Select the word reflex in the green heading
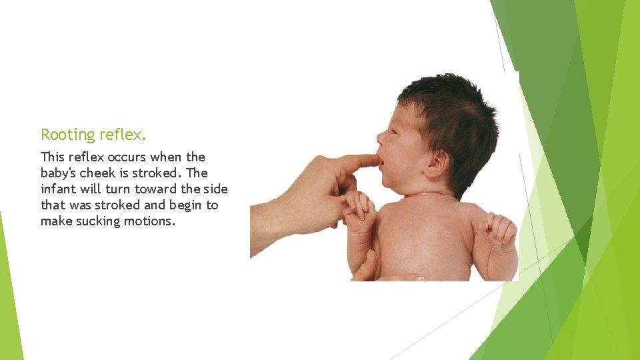[121, 135]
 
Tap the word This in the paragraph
[53, 157]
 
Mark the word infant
[57, 189]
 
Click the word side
[215, 189]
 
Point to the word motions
[150, 221]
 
